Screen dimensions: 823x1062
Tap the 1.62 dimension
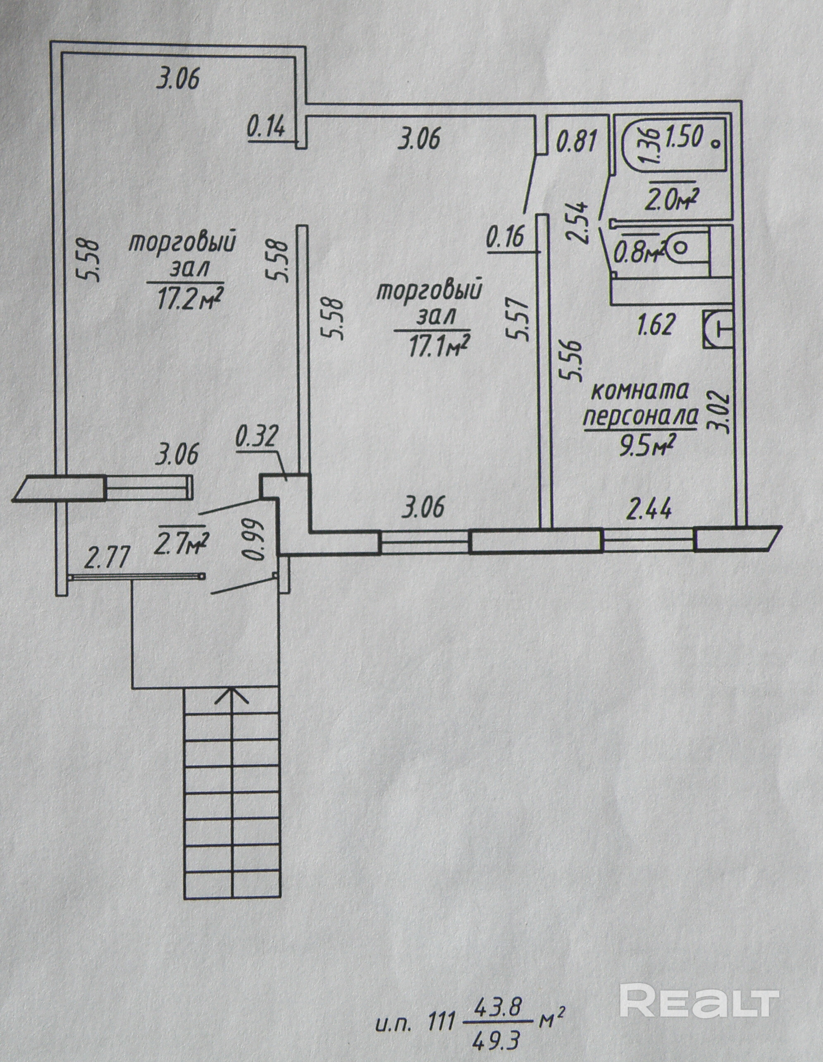(x=655, y=325)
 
